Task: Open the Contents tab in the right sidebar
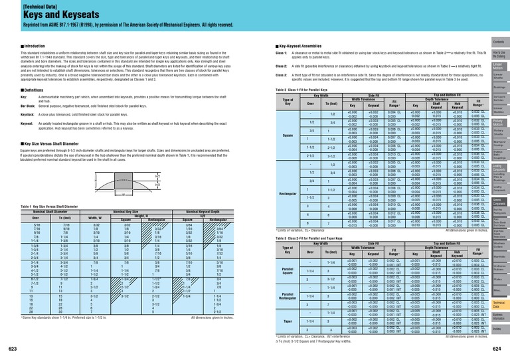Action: pyautogui.click(x=498, y=40)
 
